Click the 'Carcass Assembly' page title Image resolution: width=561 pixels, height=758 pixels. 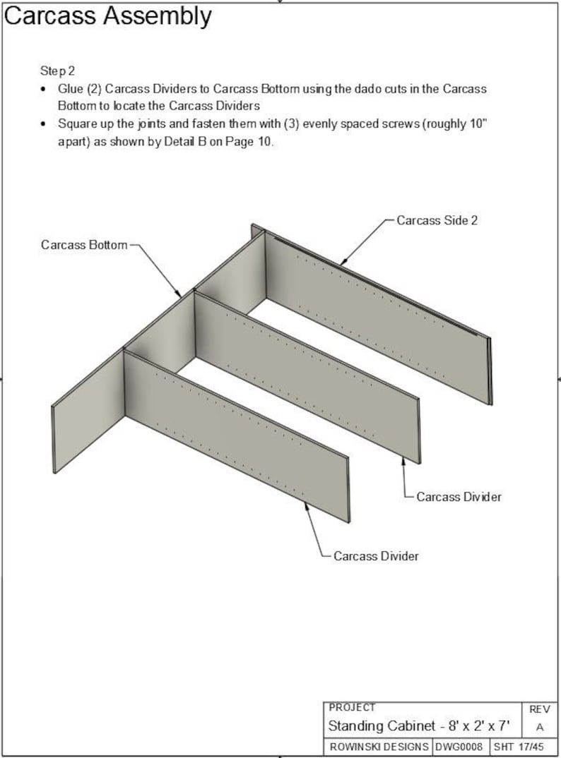point(107,16)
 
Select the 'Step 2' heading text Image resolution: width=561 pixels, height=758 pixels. point(58,71)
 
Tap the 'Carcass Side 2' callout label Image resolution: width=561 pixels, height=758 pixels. point(437,220)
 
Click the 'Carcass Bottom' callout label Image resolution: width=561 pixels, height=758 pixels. point(84,245)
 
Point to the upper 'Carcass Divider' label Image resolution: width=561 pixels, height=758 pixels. point(459,497)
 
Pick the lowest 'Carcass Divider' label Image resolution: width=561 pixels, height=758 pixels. point(376,556)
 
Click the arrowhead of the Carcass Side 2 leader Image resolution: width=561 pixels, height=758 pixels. point(342,265)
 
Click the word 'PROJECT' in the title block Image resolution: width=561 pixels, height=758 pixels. point(352,707)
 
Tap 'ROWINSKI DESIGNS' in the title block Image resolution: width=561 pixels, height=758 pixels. point(379,746)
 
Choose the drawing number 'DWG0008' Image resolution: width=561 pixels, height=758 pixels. point(459,746)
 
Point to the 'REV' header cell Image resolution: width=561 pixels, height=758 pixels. point(539,709)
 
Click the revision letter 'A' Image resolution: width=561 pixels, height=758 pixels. point(539,727)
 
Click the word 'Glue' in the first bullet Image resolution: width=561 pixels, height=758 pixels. point(70,90)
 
